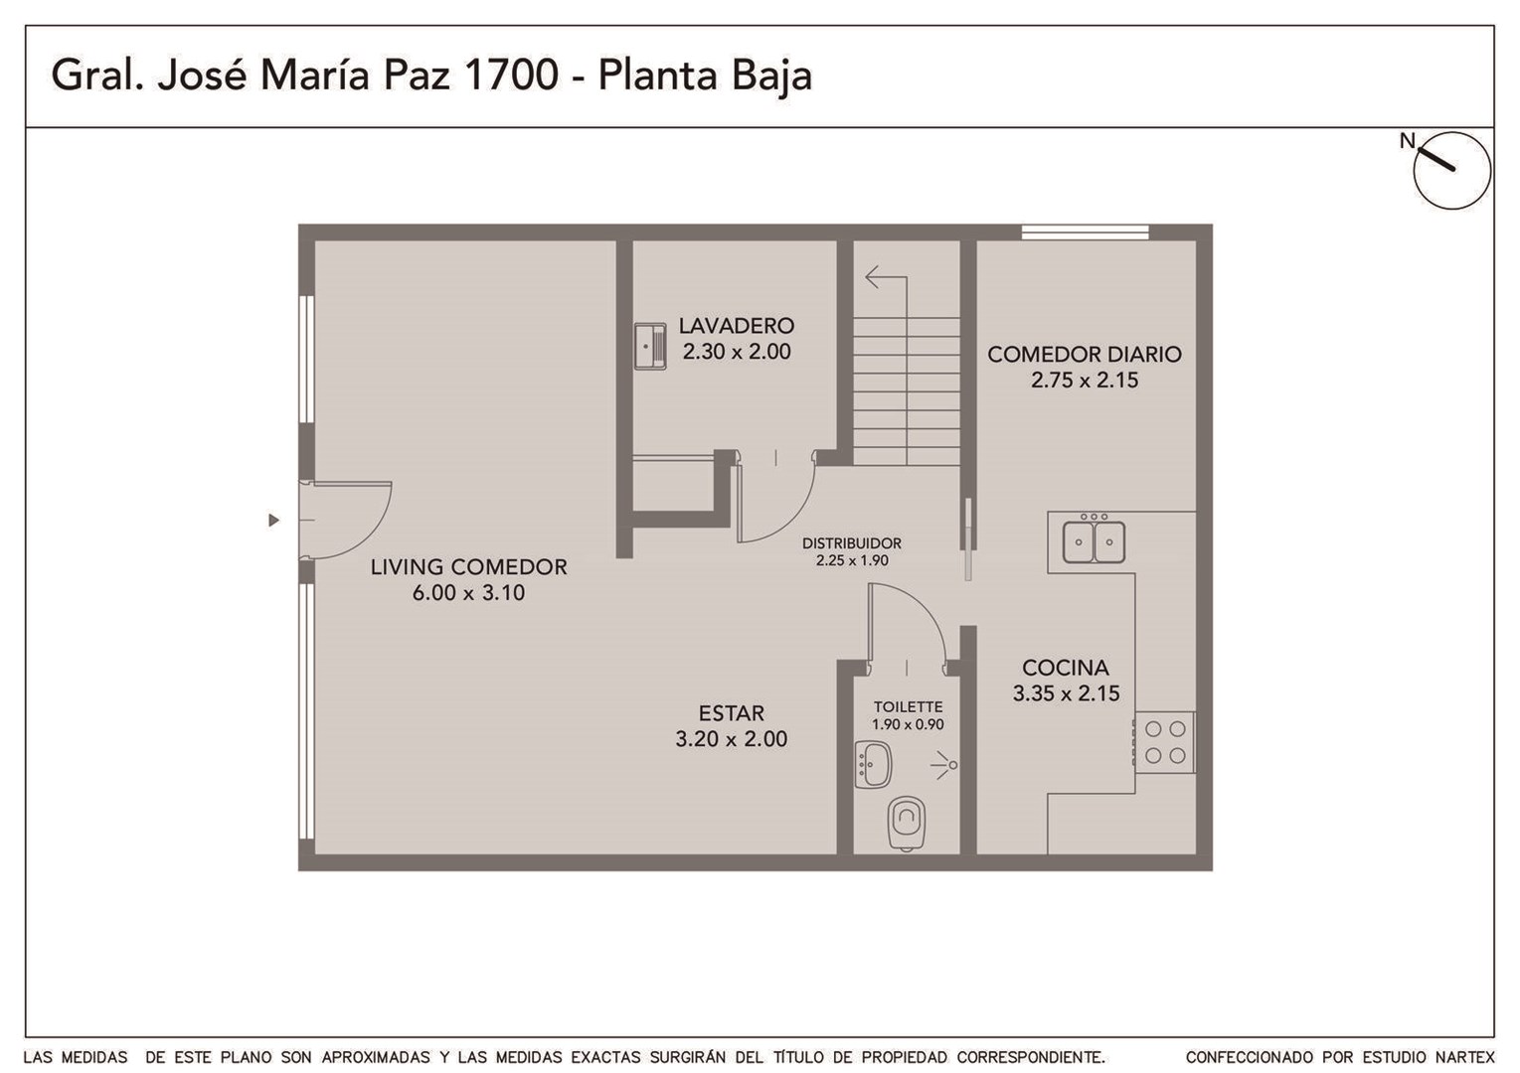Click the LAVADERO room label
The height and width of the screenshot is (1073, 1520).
coord(737,326)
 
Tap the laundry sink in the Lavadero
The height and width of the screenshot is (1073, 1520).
coord(650,347)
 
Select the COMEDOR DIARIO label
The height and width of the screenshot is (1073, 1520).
coord(1085,354)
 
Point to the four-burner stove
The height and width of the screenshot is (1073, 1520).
coord(1164,742)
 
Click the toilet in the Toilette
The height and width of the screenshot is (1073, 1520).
coord(907,824)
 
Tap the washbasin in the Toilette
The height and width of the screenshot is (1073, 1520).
coord(873,764)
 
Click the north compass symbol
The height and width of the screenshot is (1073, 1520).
coord(1451,170)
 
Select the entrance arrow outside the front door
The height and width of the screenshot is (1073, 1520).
coord(273,521)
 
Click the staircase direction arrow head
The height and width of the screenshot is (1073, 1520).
coord(873,277)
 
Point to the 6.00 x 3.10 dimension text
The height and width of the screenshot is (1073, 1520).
coord(468,593)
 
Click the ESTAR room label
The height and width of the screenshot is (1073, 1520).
coord(732,712)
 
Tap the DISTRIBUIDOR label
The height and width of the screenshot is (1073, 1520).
coord(852,543)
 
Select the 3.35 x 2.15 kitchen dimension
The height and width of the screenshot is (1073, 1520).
coord(1066,693)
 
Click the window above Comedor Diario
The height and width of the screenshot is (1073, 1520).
coord(1085,232)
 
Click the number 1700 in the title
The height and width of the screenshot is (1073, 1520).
coord(511,75)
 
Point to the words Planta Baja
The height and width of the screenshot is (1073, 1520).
coord(705,76)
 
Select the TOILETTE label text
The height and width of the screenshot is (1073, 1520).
coord(908,706)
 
